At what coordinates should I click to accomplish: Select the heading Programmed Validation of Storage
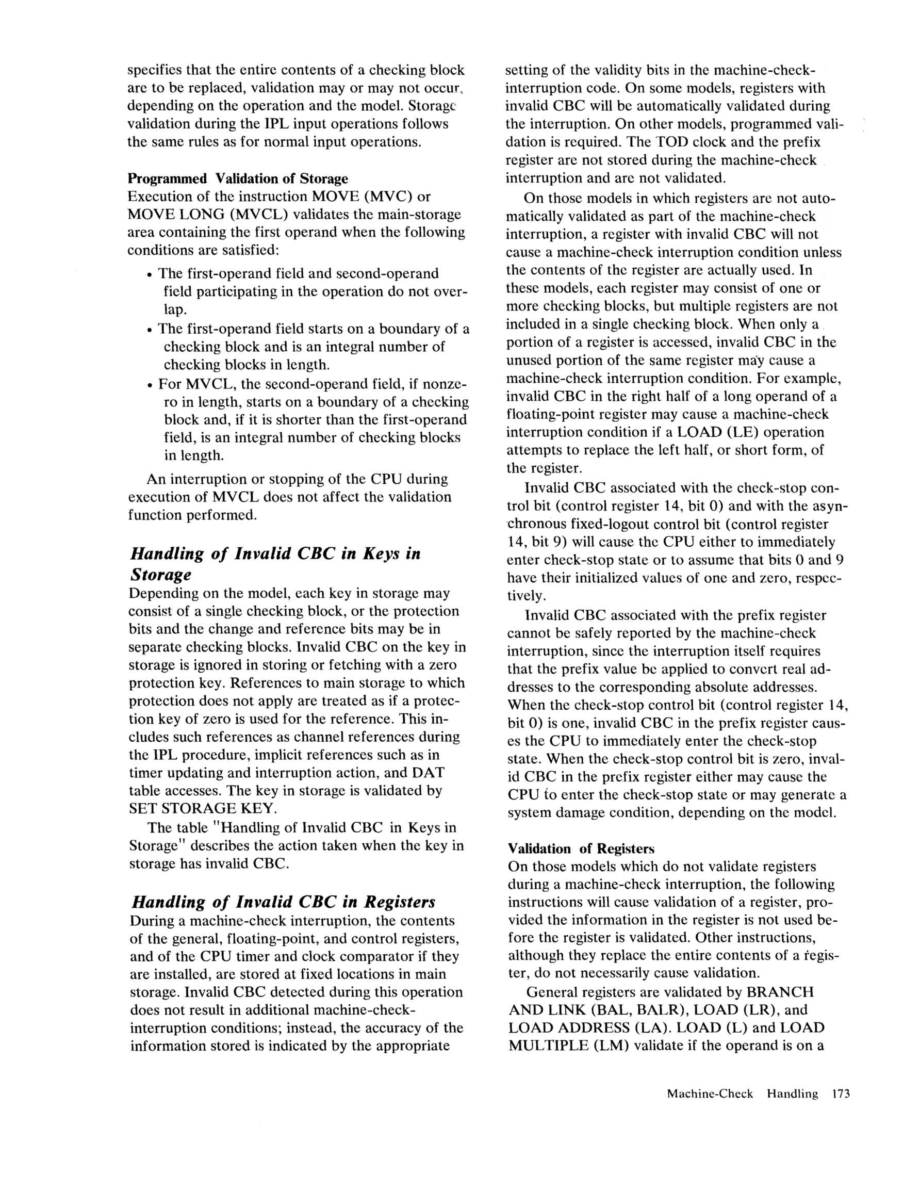237,178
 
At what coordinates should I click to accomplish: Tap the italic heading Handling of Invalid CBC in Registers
283,902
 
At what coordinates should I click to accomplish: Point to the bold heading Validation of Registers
581,849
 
